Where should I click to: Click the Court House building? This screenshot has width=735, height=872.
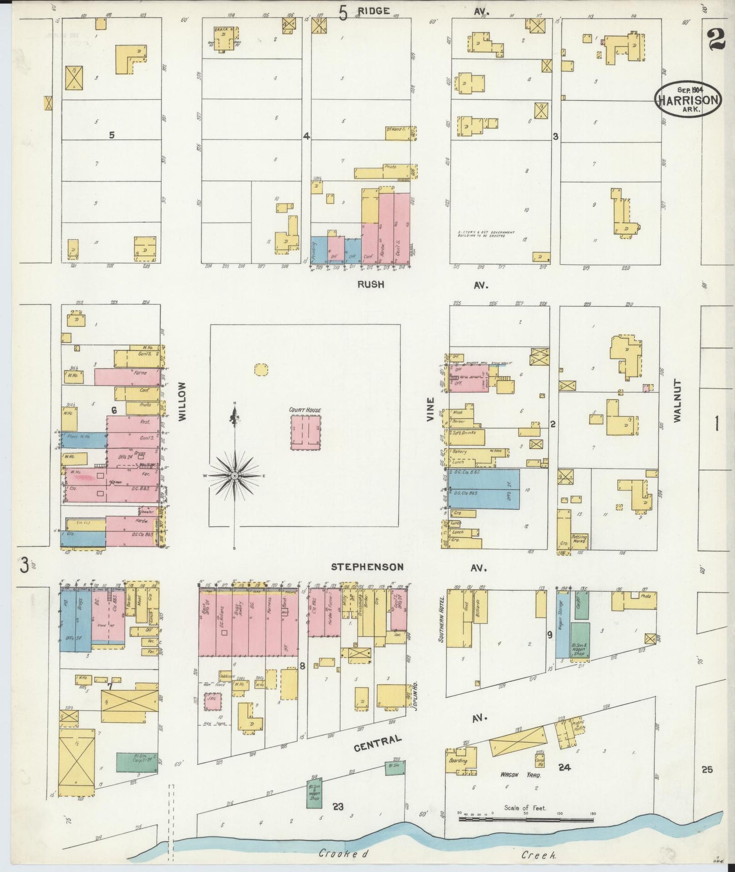coord(306,432)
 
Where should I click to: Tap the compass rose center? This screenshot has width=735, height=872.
coord(234,475)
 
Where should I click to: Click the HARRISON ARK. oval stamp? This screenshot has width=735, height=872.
coord(688,99)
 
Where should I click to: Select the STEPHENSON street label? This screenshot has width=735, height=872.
coord(367,567)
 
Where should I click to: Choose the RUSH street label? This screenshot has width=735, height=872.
coord(370,285)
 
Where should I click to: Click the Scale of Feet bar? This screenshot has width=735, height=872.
coord(526,820)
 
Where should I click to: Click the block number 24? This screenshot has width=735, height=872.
coord(564,768)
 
